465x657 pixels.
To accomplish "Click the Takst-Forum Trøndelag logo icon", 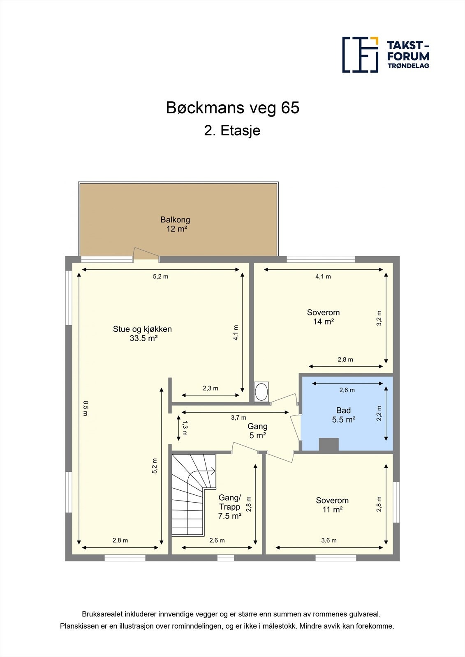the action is pos(360,55).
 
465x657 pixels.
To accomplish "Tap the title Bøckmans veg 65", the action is pos(233,108).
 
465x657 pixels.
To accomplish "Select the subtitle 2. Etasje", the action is pos(232,131).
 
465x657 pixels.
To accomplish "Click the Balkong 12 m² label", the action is pos(176,224).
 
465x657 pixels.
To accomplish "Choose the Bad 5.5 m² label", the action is pos(343,415).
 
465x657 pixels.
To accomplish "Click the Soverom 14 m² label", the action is pos(324,317).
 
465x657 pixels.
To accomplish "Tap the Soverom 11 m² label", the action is pos(332,505).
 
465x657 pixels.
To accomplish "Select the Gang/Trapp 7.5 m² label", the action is pos(230,507).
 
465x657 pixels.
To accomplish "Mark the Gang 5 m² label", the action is pos(258,431).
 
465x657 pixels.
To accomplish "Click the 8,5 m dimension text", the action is pos(85,409).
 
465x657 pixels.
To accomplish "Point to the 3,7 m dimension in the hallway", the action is pos(238,418).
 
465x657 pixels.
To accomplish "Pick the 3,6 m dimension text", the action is pos(329,540).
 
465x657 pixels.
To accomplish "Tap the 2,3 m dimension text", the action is pos(211,388).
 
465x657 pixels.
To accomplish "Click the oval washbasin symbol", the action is pos(261,392).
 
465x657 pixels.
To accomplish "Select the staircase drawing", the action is pos(194,495).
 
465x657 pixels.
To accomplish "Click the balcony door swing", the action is pos(146,255).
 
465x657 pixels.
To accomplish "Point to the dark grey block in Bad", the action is pos(329,444).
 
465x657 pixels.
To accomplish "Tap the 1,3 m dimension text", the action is pos(185,428).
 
